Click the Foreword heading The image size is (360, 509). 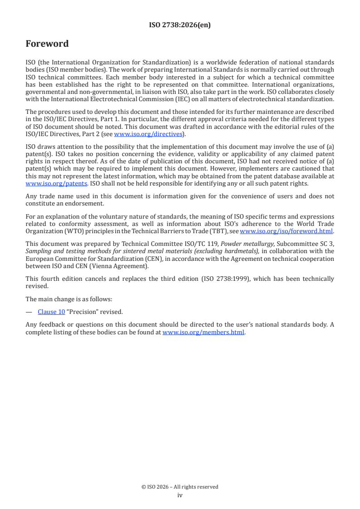click(x=47, y=44)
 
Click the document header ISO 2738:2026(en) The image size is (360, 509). click(x=180, y=25)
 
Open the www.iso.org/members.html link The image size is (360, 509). click(x=203, y=332)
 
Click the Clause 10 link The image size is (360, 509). click(x=51, y=312)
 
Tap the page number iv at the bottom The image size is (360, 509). click(x=180, y=495)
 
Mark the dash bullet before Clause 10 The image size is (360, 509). click(x=29, y=312)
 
